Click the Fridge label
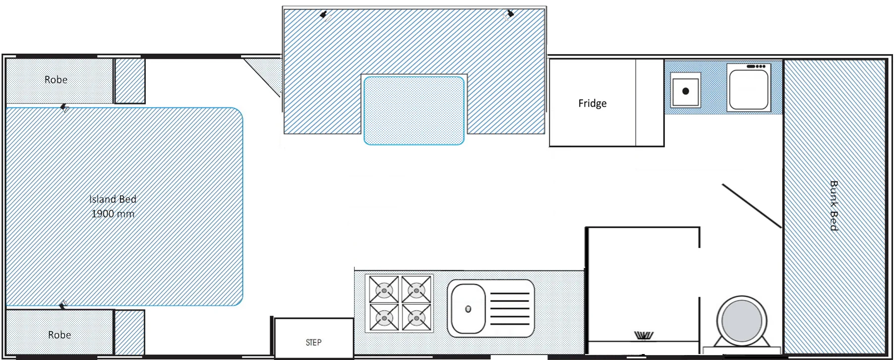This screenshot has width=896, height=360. [x=592, y=103]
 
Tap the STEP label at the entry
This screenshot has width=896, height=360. [x=313, y=342]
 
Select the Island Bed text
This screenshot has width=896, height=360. [x=113, y=199]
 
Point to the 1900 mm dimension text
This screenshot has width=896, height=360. [x=113, y=214]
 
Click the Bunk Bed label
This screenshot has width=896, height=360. [x=834, y=205]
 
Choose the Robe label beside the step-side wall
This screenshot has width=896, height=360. [x=60, y=335]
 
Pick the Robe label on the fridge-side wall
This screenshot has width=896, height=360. [x=56, y=79]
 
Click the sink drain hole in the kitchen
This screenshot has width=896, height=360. [x=468, y=309]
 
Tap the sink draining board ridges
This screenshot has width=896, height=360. [x=510, y=308]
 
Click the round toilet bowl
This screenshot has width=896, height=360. [x=742, y=321]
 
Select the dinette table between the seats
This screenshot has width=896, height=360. [x=414, y=110]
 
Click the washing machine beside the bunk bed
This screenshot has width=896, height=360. [x=749, y=88]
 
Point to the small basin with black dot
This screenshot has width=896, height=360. [x=686, y=90]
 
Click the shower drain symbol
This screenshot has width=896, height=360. [x=644, y=336]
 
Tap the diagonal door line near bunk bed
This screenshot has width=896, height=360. [x=752, y=206]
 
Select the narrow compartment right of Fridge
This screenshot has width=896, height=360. [x=650, y=103]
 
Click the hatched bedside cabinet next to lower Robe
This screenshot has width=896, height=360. [x=129, y=332]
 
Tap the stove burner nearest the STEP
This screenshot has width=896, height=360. [x=384, y=317]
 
